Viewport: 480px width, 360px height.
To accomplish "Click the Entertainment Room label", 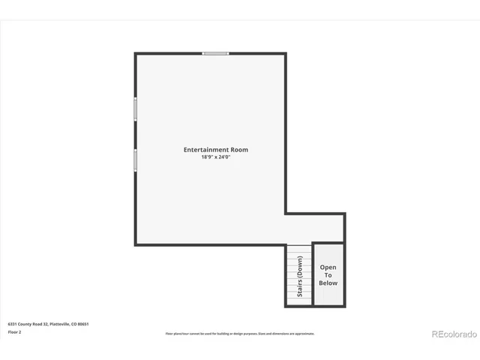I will [x=216, y=150].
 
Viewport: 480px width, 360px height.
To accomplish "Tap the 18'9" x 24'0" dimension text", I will [x=216, y=157].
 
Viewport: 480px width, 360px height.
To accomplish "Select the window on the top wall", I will [x=215, y=53].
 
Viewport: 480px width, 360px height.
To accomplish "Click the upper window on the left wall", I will [x=136, y=109].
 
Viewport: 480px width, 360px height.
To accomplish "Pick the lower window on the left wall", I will [x=136, y=160].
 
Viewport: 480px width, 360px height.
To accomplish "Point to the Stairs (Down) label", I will [x=300, y=276].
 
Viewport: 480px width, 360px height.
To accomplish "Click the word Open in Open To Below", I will [x=328, y=267].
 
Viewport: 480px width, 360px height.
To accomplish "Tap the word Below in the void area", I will [x=328, y=283].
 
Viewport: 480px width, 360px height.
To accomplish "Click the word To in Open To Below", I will [x=328, y=275].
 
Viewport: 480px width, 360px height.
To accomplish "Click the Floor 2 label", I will [x=14, y=331].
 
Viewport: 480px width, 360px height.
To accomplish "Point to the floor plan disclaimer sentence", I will [x=240, y=334].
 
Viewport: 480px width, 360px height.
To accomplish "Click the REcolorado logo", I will [x=452, y=334].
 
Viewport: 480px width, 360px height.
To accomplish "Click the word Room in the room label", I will [x=239, y=150].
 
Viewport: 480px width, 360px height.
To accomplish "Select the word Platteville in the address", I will [x=60, y=323].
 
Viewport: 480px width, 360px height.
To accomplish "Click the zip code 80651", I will [x=83, y=323].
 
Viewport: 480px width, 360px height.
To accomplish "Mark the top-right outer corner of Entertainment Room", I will [x=286, y=53].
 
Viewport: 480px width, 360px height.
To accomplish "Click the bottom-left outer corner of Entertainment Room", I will [x=136, y=244].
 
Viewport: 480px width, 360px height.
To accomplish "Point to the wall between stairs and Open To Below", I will [x=312, y=274].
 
